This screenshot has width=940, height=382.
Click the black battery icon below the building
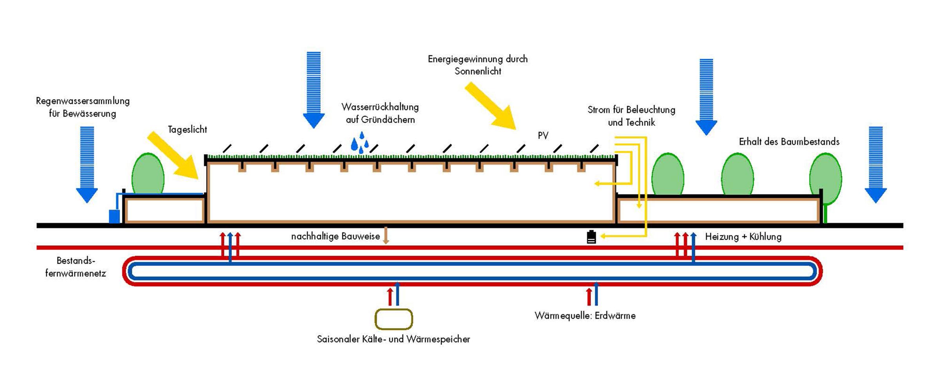[591, 237]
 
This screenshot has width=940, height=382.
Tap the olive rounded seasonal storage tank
[394, 319]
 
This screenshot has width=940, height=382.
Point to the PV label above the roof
[543, 136]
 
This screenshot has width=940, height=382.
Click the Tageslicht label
[187, 130]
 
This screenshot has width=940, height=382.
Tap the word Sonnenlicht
[478, 71]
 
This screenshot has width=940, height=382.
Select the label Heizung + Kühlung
[743, 237]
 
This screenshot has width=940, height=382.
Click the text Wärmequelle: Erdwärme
[585, 315]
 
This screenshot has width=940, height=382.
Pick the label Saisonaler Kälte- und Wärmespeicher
[393, 339]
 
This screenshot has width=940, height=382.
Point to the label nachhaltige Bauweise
[335, 236]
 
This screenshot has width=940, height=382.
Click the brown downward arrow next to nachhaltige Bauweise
[386, 235]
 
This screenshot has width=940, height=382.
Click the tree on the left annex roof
[148, 174]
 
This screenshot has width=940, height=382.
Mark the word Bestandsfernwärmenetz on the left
[76, 267]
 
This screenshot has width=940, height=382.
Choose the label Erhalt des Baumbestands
[789, 142]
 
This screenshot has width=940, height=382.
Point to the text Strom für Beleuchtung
[631, 110]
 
